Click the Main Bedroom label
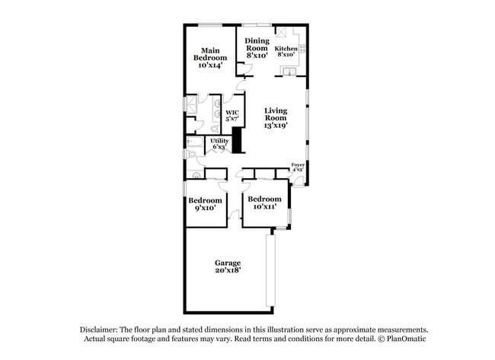click(209, 54)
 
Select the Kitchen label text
click(286, 49)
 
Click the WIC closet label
click(232, 113)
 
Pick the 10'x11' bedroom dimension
click(260, 206)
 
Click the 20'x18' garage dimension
click(228, 269)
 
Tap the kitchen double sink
click(289, 73)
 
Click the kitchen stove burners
click(302, 48)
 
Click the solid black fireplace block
click(236, 142)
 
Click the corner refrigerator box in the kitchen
click(281, 32)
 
